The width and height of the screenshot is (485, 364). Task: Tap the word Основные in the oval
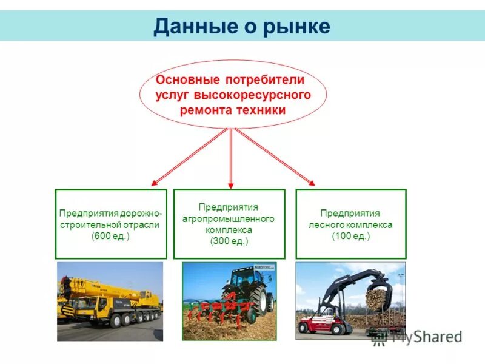[x=189, y=80]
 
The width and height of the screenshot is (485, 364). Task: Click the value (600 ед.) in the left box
[x=110, y=236]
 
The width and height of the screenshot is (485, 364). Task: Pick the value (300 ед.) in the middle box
[x=229, y=241]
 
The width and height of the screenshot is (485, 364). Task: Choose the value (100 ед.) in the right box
[x=350, y=236]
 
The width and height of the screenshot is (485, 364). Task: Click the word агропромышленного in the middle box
[x=229, y=218]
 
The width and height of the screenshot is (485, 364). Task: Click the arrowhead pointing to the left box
[x=154, y=183]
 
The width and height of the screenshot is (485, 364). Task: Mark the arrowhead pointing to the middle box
[x=231, y=184]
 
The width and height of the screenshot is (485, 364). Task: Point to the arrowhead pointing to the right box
[x=310, y=182]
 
